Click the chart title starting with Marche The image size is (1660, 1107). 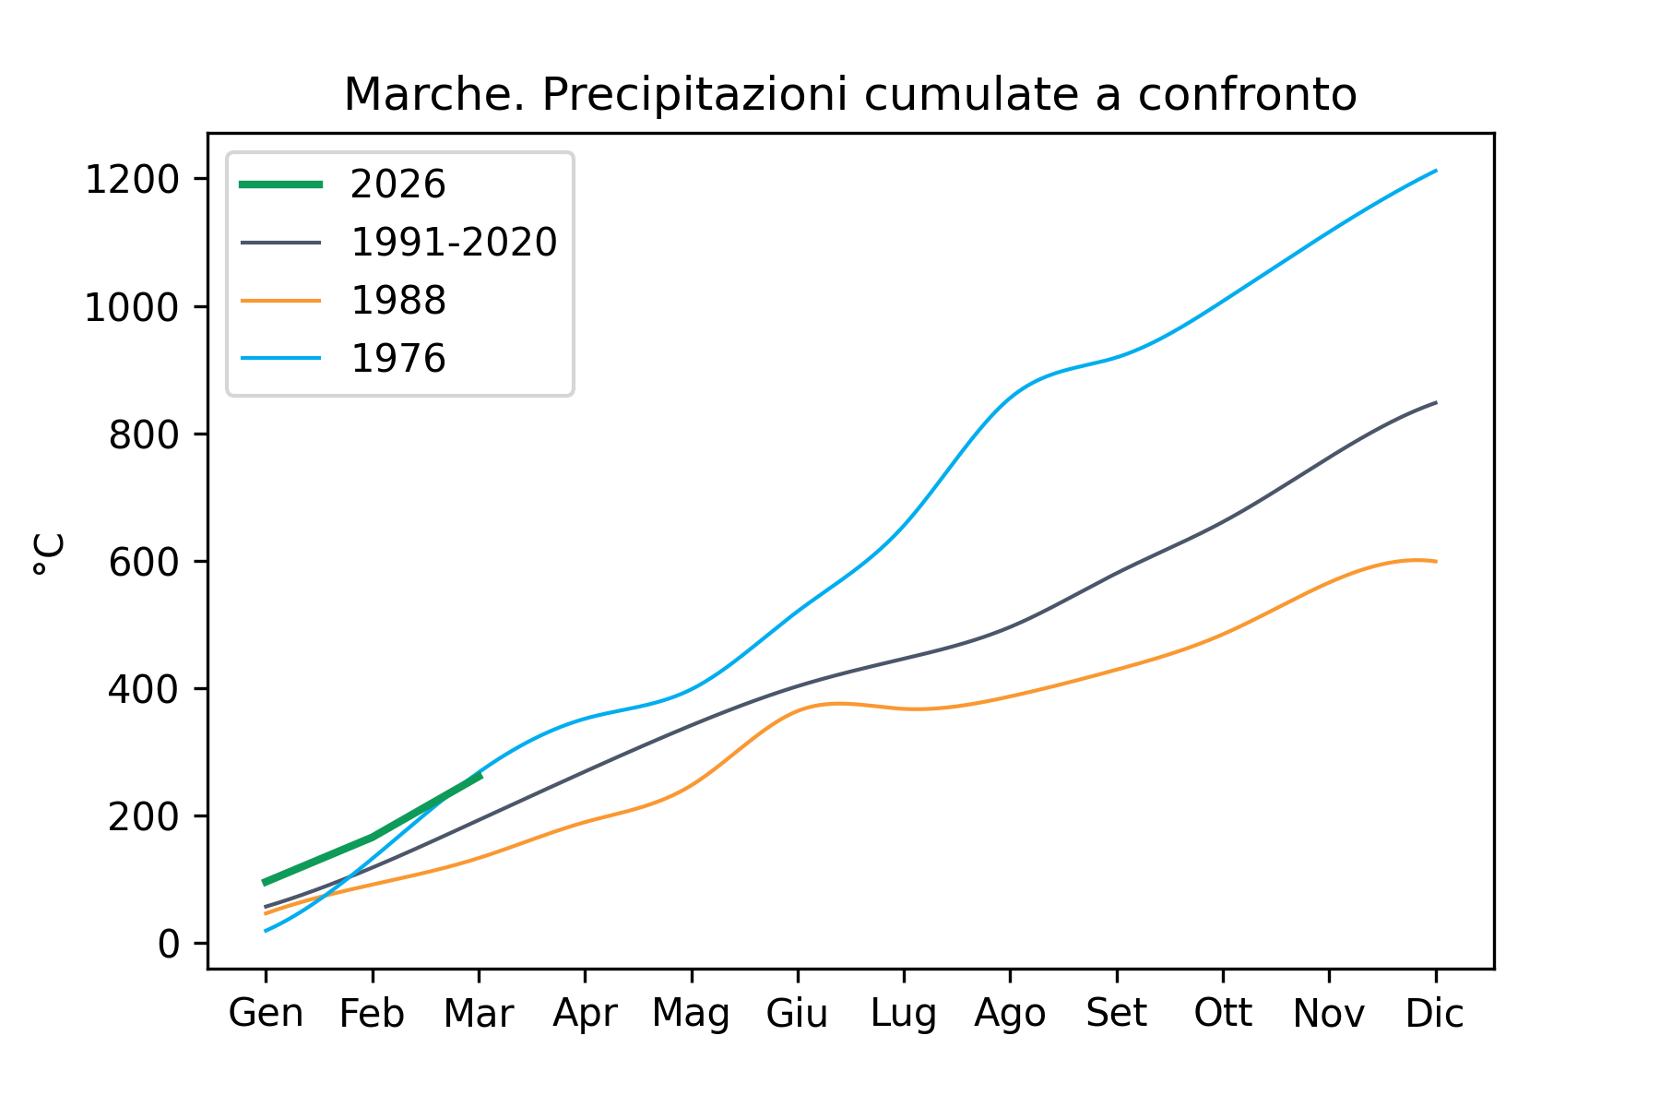point(849,95)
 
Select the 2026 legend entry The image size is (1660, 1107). point(397,184)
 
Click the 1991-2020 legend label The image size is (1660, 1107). point(454,243)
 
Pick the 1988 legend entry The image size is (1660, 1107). point(397,301)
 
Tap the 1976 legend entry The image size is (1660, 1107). point(397,358)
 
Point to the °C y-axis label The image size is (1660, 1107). point(50,553)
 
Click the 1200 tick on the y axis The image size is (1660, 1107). point(131,180)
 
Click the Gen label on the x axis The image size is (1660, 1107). point(266,1014)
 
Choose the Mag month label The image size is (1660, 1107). point(691,1014)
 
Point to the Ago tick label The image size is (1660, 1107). point(1010,1014)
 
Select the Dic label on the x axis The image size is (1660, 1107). point(1434,1014)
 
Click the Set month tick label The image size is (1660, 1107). point(1116,1014)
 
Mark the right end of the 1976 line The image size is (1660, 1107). point(1435,171)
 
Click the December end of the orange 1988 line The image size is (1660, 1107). point(1435,561)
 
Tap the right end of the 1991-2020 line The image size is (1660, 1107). point(1435,403)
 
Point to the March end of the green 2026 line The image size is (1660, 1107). point(479,777)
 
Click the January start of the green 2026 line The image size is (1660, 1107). point(266,883)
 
